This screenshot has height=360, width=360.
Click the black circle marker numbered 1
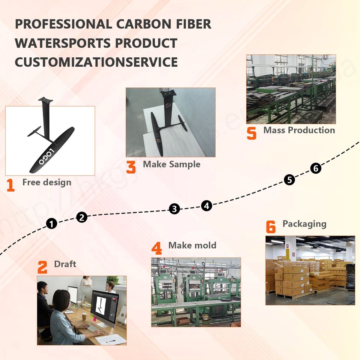(x=52, y=224)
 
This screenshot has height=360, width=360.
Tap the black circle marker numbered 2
(x=82, y=217)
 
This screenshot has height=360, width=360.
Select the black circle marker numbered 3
(x=174, y=209)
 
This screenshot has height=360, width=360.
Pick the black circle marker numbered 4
(x=207, y=205)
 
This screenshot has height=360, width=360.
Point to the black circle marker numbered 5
(x=289, y=180)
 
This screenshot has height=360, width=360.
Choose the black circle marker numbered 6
(x=316, y=169)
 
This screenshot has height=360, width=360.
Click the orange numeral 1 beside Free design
(x=11, y=185)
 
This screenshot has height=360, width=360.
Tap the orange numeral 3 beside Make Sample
(x=131, y=167)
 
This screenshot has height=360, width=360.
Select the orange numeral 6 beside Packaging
(x=271, y=226)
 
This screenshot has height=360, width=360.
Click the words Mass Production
(x=299, y=130)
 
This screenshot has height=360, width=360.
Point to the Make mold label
(x=192, y=245)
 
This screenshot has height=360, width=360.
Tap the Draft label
(x=65, y=264)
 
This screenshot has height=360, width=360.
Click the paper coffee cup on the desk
(x=84, y=317)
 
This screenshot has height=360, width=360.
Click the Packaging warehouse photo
(x=310, y=270)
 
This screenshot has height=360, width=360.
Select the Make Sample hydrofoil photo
(x=170, y=122)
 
